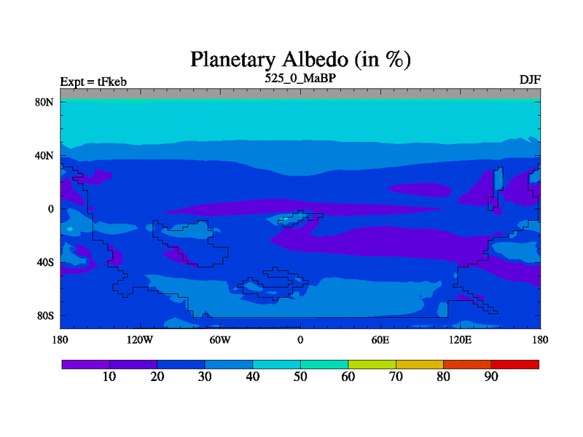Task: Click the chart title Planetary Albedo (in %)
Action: point(300,60)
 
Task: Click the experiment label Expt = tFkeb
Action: point(93,82)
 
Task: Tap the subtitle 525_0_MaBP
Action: point(300,79)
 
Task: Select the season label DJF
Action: point(530,79)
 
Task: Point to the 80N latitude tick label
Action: point(44,102)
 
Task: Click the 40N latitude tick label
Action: point(44,156)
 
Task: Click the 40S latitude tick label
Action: point(45,262)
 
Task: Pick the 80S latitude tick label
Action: point(45,316)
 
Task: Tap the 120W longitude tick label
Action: point(140,340)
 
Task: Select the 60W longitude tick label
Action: point(220,340)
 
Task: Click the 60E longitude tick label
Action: point(380,340)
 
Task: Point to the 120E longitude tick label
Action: point(461,340)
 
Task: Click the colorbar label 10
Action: point(109,377)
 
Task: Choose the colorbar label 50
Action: point(300,377)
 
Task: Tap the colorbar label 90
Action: point(491,377)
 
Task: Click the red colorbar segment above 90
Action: point(515,365)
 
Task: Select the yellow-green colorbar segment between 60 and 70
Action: point(372,365)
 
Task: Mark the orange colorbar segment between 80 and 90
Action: point(467,365)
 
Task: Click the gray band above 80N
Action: point(300,94)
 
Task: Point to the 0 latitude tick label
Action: point(51,209)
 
